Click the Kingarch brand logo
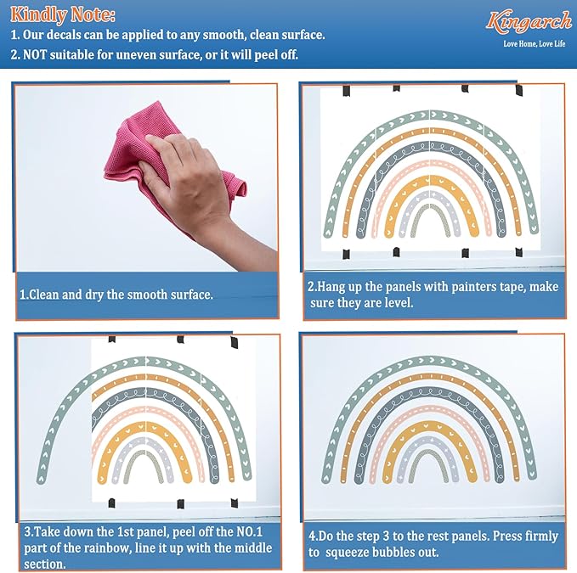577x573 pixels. (529, 21)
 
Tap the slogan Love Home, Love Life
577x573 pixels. (535, 44)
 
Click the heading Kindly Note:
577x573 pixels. (63, 15)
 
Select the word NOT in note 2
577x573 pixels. (35, 55)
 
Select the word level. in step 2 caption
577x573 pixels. (399, 302)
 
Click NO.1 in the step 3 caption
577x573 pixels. (249, 531)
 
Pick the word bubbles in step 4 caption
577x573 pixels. (391, 552)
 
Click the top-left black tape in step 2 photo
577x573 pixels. (346, 91)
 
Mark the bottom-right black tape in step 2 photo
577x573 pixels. (519, 252)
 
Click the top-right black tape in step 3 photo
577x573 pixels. (234, 343)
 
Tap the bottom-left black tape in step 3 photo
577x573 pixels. (111, 503)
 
